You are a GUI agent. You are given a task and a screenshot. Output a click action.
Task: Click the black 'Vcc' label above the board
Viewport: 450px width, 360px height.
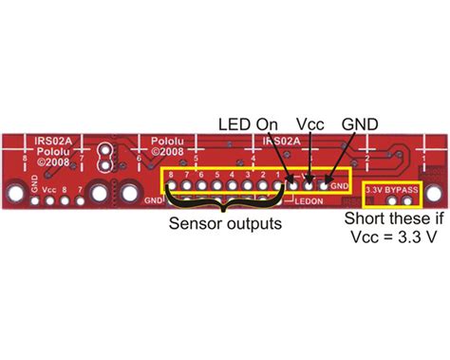(x=308, y=123)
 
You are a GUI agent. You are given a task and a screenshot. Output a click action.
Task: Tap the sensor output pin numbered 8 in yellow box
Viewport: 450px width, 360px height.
(x=172, y=185)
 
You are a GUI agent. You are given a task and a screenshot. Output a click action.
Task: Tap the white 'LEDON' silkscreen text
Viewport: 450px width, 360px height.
(x=309, y=201)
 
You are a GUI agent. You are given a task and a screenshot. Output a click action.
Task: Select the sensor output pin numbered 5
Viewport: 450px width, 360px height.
(x=217, y=185)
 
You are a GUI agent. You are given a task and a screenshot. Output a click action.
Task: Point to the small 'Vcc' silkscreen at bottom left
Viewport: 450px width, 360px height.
(x=50, y=190)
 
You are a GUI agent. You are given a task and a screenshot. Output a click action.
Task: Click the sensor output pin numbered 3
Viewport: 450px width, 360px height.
(x=248, y=185)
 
